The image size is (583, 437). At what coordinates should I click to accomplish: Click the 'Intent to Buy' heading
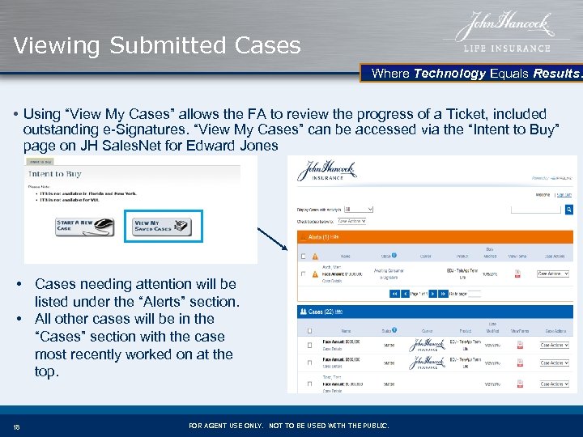[55, 173]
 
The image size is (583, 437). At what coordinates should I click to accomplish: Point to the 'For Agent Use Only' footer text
[288, 426]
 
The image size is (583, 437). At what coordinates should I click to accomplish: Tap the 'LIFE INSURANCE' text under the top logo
[508, 49]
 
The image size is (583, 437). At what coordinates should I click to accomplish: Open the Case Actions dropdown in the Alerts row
[554, 274]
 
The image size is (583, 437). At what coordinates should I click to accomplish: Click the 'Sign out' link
[564, 194]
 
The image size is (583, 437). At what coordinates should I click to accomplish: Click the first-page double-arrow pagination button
[395, 294]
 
